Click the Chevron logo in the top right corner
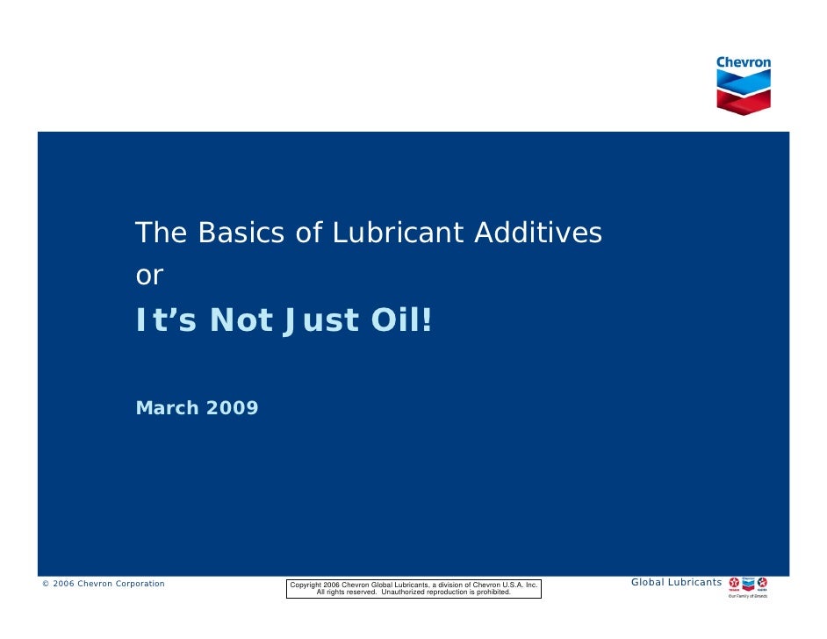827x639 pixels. click(744, 84)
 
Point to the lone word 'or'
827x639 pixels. click(149, 276)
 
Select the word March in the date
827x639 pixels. click(168, 408)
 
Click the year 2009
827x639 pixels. click(233, 408)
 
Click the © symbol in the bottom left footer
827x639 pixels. click(46, 584)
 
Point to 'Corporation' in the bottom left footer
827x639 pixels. click(137, 584)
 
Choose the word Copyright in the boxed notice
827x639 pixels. click(306, 585)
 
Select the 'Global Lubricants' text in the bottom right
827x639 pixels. click(676, 583)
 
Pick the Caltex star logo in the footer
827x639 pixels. click(762, 583)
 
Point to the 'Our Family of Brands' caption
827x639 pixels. click(748, 596)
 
